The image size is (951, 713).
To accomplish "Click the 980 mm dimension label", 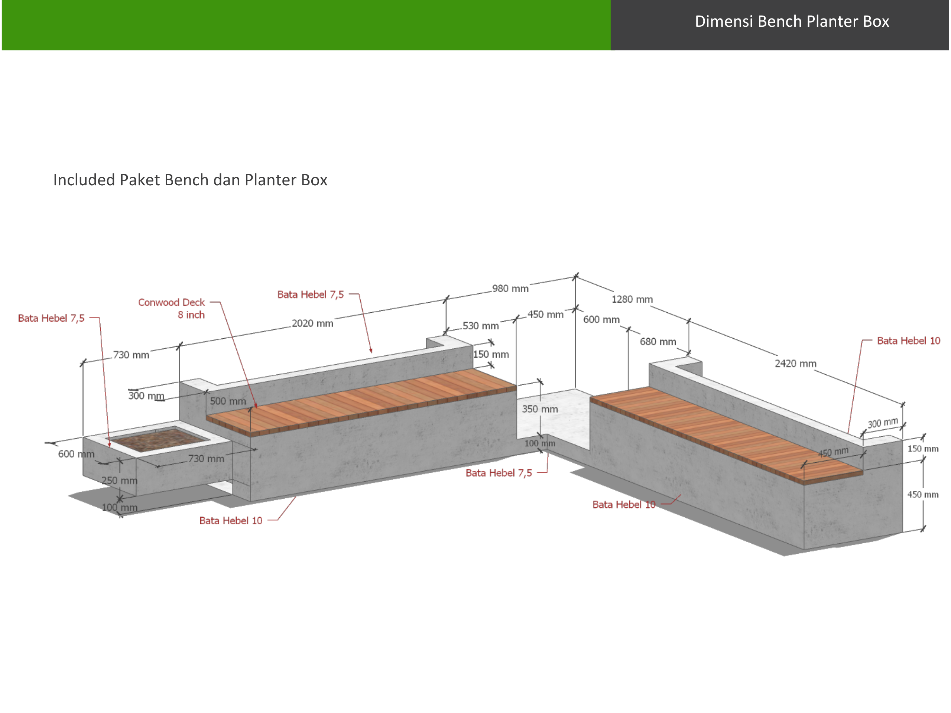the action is point(510,289).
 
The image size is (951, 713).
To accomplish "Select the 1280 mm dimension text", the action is point(632,299).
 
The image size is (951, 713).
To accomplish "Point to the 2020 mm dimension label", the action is point(312,323).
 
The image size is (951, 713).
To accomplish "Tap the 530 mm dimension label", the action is point(481,326).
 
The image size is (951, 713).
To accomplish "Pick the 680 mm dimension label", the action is point(658,342).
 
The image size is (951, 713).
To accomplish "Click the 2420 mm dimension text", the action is point(795,364).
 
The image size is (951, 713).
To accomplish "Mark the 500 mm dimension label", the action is point(228,401).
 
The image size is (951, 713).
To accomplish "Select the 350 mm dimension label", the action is point(540,409).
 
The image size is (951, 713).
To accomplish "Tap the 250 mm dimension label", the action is point(120,481).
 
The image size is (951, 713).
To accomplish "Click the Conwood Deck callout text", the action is point(171,302).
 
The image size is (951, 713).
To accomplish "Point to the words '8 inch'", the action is point(191,315).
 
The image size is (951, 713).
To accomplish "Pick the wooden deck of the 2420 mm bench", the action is point(727,434).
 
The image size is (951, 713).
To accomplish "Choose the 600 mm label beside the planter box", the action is point(76,454).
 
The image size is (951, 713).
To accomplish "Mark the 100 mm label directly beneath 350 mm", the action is point(540,443).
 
